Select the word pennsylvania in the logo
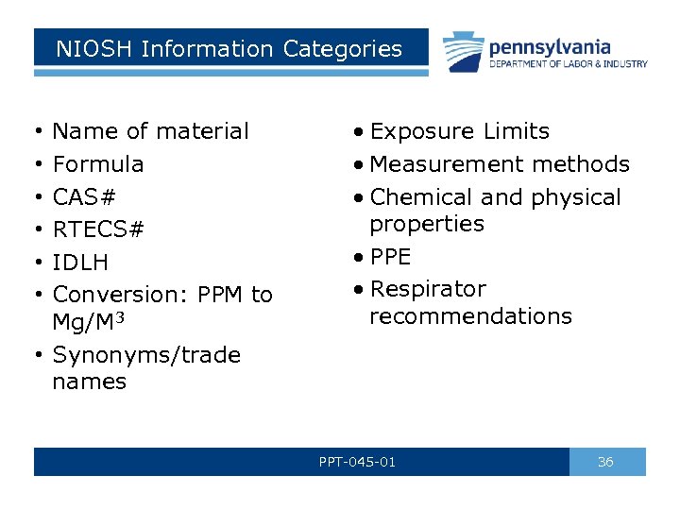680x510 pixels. [549, 46]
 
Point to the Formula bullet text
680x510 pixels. [98, 164]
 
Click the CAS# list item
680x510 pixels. [84, 197]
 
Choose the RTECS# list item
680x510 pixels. [98, 229]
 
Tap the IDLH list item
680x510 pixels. [80, 263]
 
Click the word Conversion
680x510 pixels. [122, 295]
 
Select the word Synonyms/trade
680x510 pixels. [146, 355]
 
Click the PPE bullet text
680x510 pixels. [390, 257]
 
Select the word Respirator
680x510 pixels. [428, 289]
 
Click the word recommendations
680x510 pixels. [470, 316]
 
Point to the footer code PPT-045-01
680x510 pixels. [357, 462]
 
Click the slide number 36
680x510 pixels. [606, 462]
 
